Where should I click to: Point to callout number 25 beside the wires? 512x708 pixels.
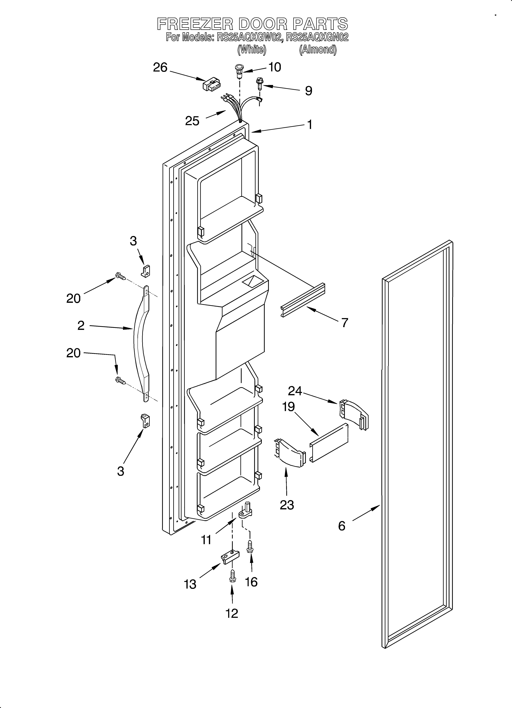(192, 121)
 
